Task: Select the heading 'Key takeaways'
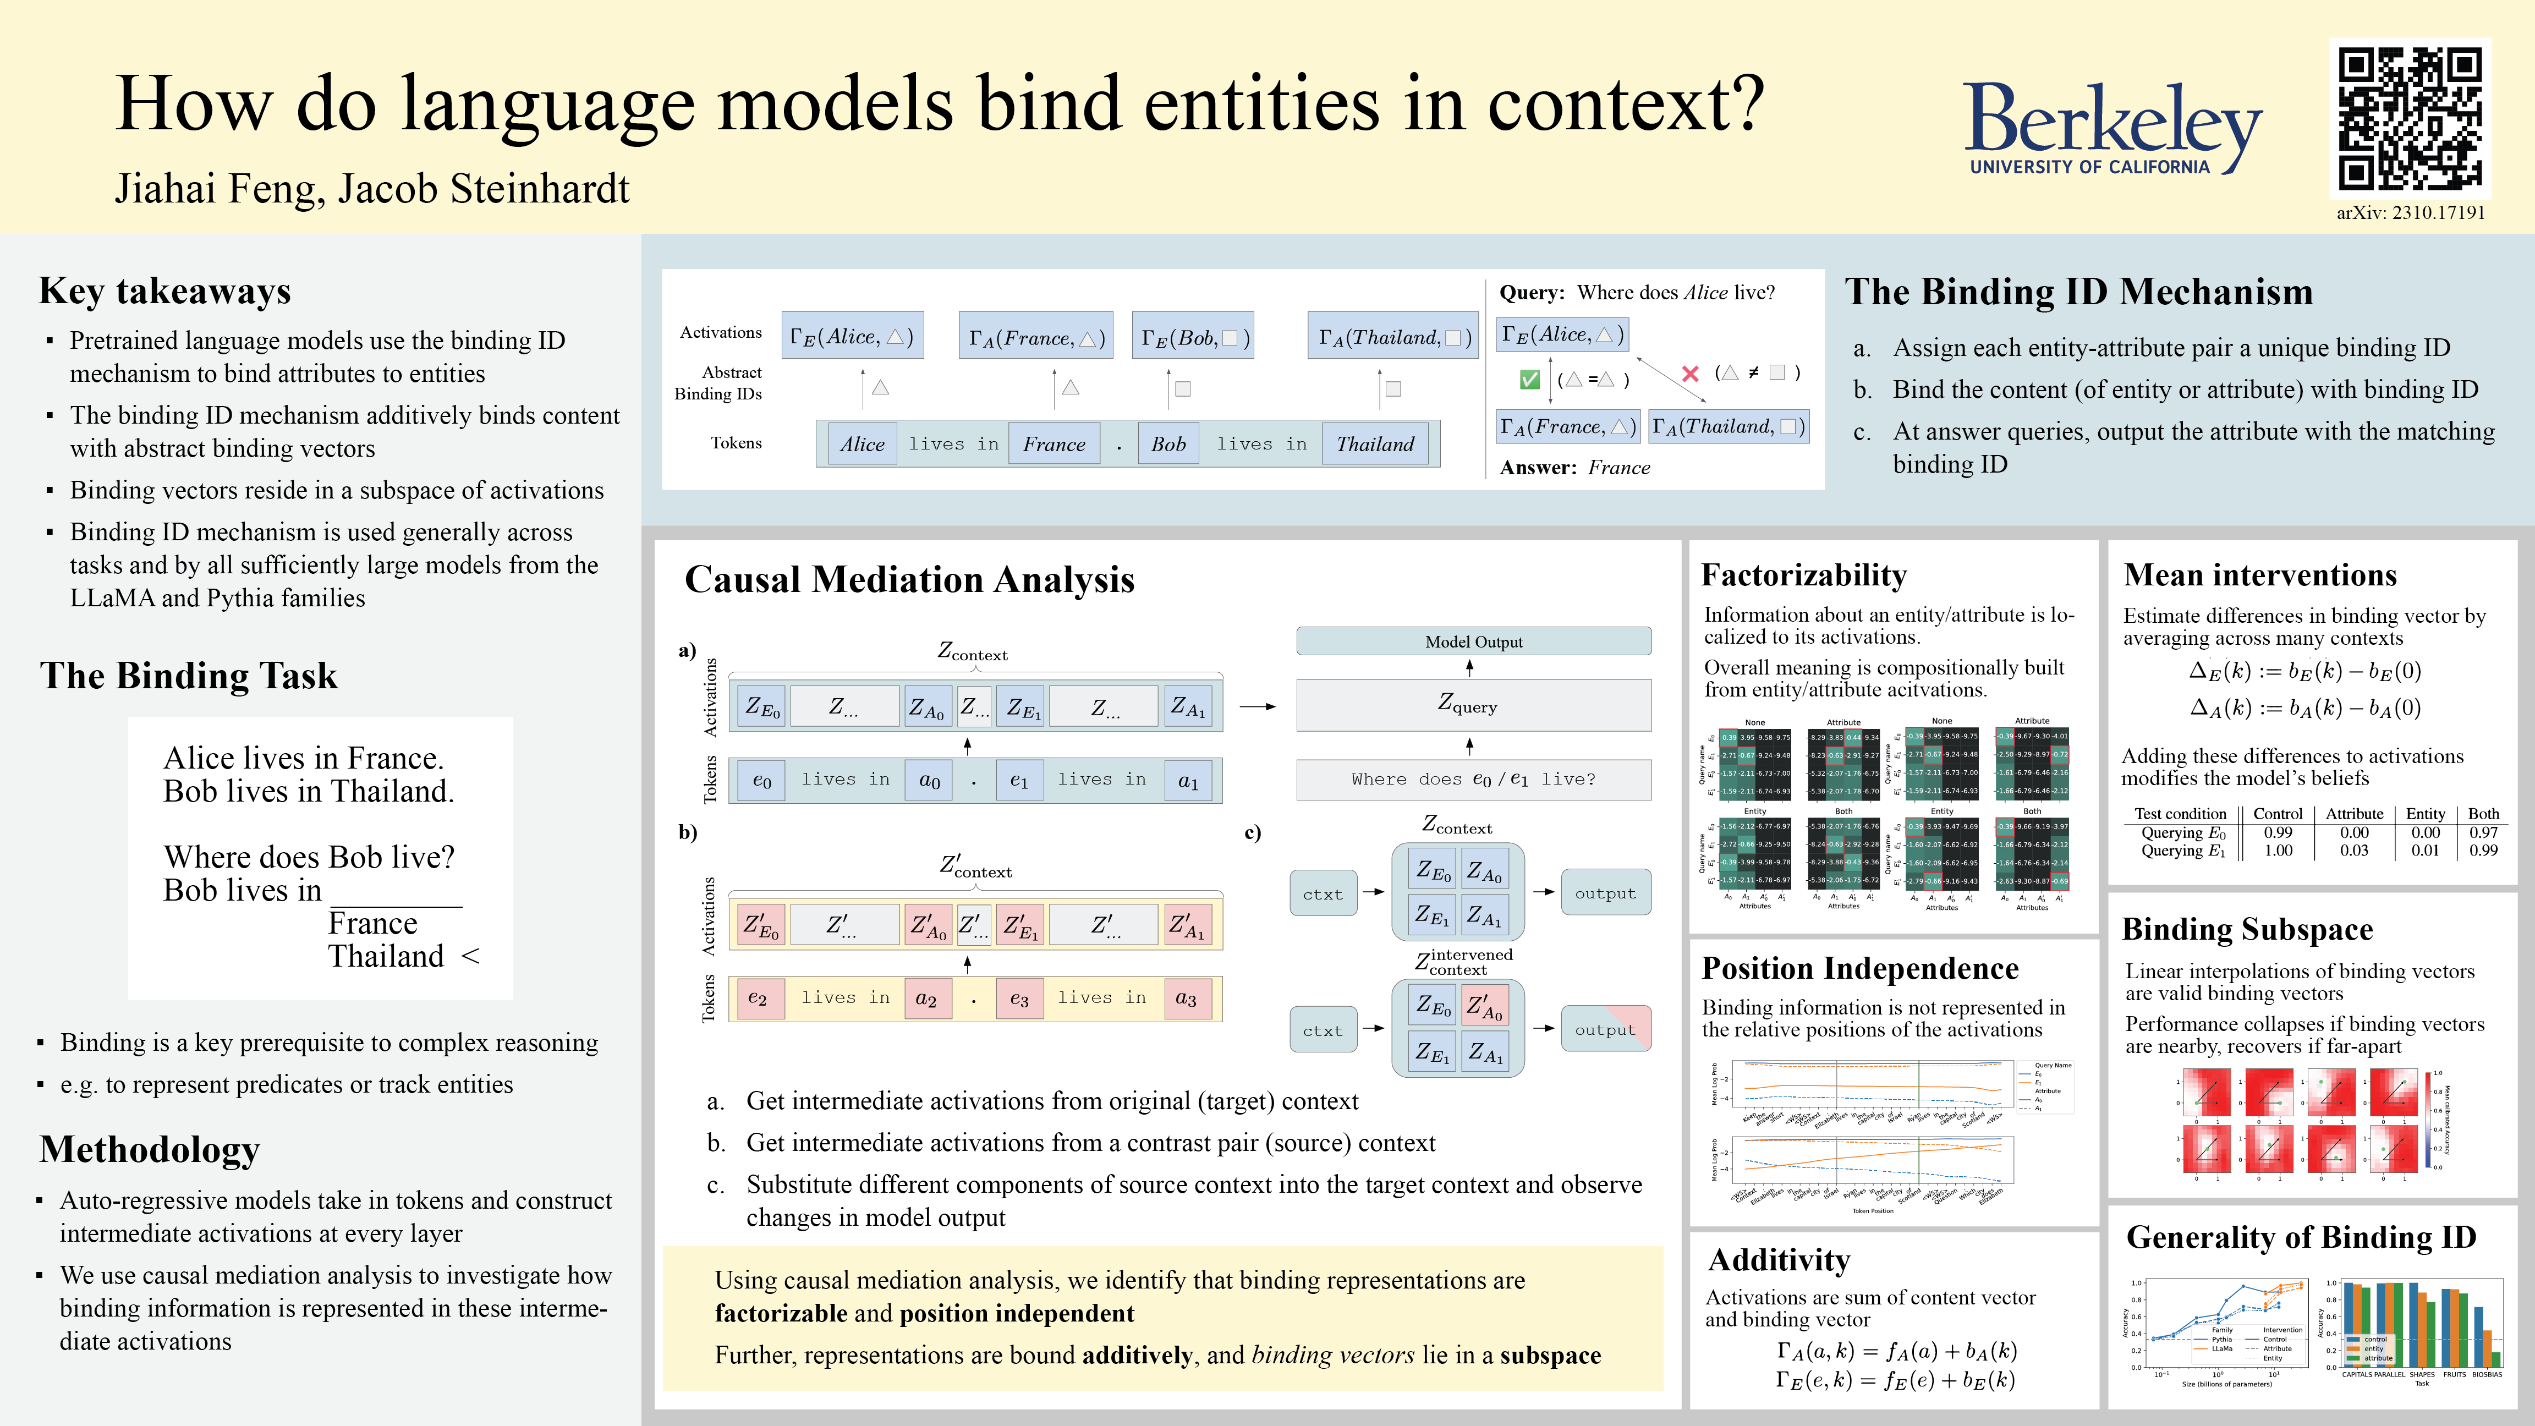pos(164,291)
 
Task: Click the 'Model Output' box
pos(1473,641)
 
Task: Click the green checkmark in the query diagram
pos(1529,379)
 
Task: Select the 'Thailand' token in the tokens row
pos(1375,444)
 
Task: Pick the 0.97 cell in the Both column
pos(2483,832)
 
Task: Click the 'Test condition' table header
pos(2180,814)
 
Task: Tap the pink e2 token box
pos(757,998)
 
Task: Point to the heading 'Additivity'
pos(1779,1260)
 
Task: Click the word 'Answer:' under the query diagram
pos(1538,468)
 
